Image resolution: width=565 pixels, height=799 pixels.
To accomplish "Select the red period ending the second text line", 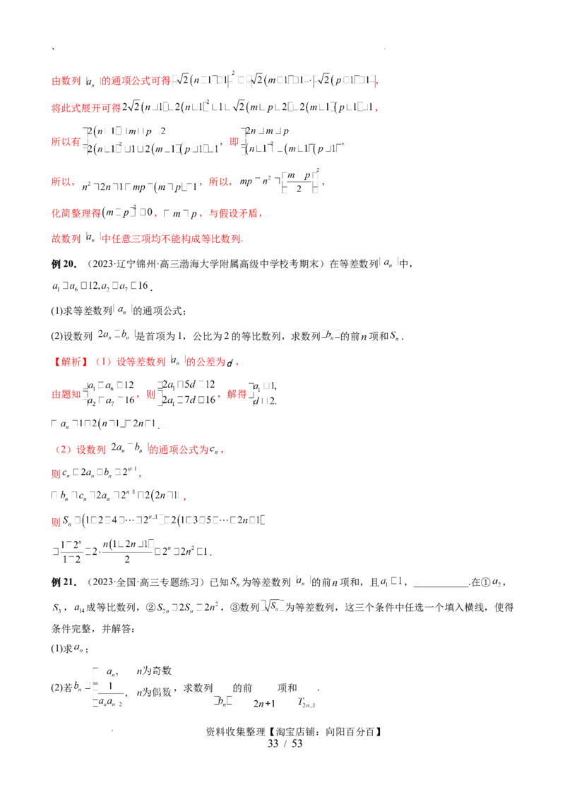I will [x=378, y=109].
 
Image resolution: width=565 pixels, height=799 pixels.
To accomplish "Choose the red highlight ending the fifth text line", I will [x=247, y=212].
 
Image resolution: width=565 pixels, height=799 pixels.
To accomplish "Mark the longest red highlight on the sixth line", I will [x=173, y=239].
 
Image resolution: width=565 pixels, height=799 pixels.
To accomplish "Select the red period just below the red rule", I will [x=184, y=498].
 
